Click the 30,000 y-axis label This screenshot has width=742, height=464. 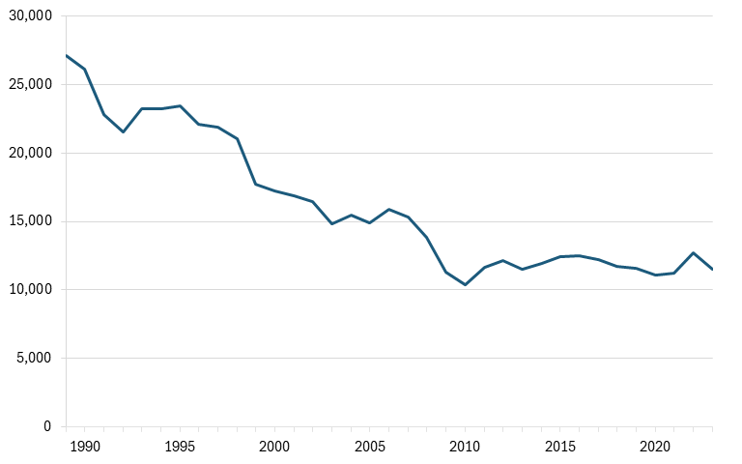click(30, 16)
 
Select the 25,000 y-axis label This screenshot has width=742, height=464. click(30, 85)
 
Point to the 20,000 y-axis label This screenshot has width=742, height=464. click(30, 153)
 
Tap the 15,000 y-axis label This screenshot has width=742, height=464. click(30, 221)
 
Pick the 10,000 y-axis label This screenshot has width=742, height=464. click(30, 289)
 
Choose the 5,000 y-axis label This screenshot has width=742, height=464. click(34, 358)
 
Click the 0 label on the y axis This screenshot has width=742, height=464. click(46, 426)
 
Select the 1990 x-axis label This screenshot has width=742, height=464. click(85, 447)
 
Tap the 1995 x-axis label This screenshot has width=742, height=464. click(180, 447)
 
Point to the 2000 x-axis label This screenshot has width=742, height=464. click(274, 447)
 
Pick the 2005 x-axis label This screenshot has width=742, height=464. click(370, 447)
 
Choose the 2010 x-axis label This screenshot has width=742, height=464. click(465, 447)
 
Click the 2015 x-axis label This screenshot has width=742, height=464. click(560, 447)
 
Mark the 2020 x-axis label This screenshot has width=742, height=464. click(655, 447)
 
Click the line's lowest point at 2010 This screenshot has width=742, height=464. click(465, 284)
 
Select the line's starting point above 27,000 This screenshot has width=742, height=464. click(67, 55)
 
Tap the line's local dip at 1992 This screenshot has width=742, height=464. click(123, 131)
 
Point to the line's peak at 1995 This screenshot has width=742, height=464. click(181, 105)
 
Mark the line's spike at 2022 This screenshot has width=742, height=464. click(694, 253)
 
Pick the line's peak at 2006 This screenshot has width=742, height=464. click(389, 209)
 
